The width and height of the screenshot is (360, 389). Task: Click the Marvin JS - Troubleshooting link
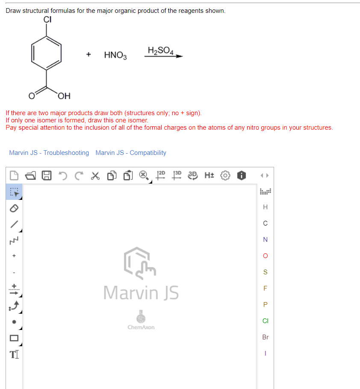point(49,153)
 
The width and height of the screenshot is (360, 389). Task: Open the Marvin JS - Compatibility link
point(131,153)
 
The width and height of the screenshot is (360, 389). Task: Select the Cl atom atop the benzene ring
point(47,19)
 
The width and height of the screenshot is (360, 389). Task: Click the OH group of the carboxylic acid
point(65,95)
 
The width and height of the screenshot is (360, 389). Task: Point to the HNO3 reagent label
point(115,55)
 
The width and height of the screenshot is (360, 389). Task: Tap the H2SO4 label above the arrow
point(160,50)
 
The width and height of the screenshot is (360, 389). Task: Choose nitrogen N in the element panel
point(265,240)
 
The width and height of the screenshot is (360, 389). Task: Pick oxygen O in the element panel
point(265,256)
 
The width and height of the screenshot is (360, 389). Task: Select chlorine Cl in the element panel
point(265,321)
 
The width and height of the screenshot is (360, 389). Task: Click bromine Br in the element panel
point(265,337)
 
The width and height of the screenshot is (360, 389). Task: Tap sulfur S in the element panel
point(265,272)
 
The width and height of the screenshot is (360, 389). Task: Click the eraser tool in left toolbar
point(14,207)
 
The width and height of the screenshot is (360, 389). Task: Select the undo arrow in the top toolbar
point(64,175)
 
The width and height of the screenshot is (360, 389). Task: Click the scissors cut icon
point(95,175)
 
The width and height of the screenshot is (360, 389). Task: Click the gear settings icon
point(226,175)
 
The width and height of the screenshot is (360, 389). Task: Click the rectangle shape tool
point(14,338)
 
